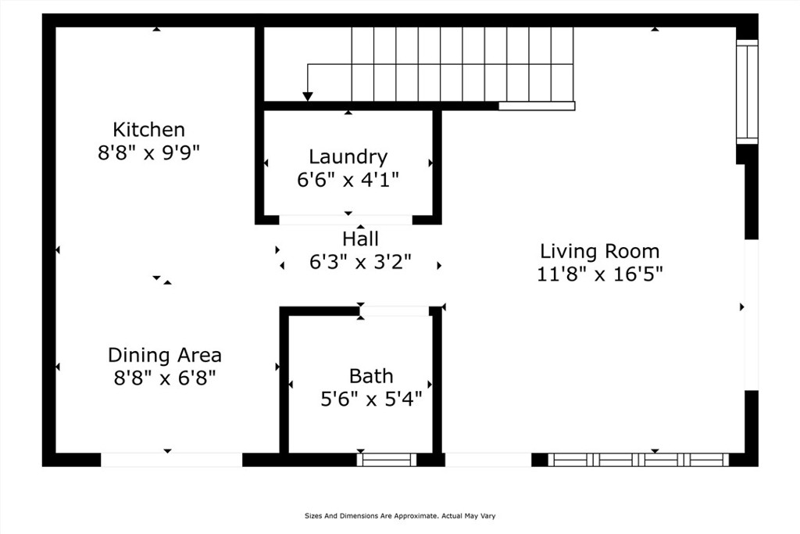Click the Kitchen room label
point(148,129)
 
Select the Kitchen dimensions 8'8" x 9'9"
point(148,152)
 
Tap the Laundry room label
point(348,156)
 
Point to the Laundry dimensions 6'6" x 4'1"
point(348,179)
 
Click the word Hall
point(360,238)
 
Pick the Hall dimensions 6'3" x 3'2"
point(360,262)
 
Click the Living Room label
point(599,251)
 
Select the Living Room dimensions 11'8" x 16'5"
point(599,274)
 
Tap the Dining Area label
point(164,355)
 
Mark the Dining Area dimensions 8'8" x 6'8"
point(164,378)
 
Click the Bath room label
point(371,376)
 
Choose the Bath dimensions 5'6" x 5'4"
point(371,400)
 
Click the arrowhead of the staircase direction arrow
point(308,96)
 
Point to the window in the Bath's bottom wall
point(387,460)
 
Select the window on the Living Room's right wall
point(747,91)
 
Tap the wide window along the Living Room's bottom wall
point(638,460)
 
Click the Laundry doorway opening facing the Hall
point(345,220)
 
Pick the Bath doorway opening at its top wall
point(395,311)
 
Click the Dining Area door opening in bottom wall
point(171,460)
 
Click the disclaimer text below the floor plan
point(400,516)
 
